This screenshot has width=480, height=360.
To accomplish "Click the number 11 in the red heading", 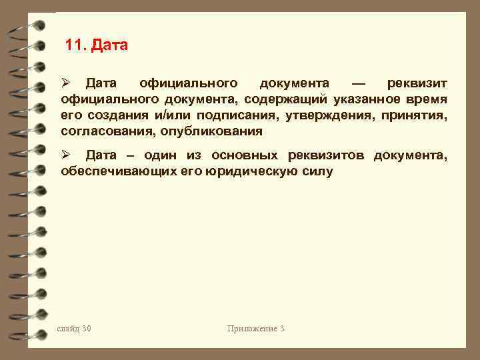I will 75,46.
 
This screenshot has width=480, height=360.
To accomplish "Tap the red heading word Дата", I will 109,46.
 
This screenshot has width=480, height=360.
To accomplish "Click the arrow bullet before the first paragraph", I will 65,84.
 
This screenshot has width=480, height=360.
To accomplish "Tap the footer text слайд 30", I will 74,329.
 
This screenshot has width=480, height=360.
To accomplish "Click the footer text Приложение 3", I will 255,329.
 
